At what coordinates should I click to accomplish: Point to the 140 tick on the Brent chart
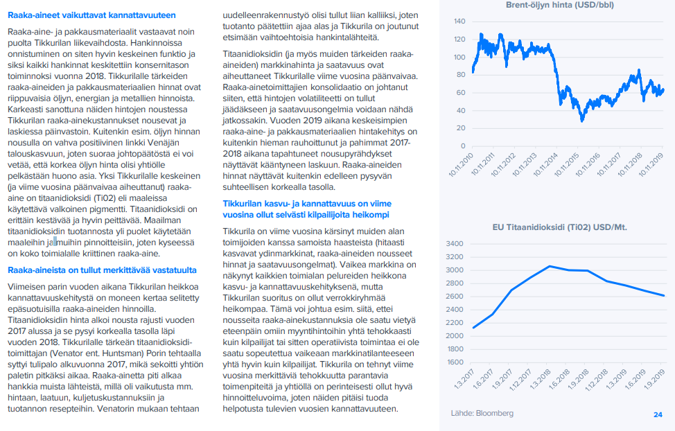point(459,21)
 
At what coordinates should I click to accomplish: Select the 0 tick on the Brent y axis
point(462,146)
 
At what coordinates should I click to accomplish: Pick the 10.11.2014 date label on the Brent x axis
point(547,164)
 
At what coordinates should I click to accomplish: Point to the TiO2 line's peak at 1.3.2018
point(549,266)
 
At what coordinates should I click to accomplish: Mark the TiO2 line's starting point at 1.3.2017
point(473,328)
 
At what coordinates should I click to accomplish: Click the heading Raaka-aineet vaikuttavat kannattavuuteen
point(91,15)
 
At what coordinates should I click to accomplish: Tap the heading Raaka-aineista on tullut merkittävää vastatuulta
point(102,270)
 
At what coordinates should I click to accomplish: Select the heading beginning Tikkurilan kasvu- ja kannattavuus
point(307,209)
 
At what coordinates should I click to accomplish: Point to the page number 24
point(658,414)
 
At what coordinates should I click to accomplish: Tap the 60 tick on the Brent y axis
point(459,93)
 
